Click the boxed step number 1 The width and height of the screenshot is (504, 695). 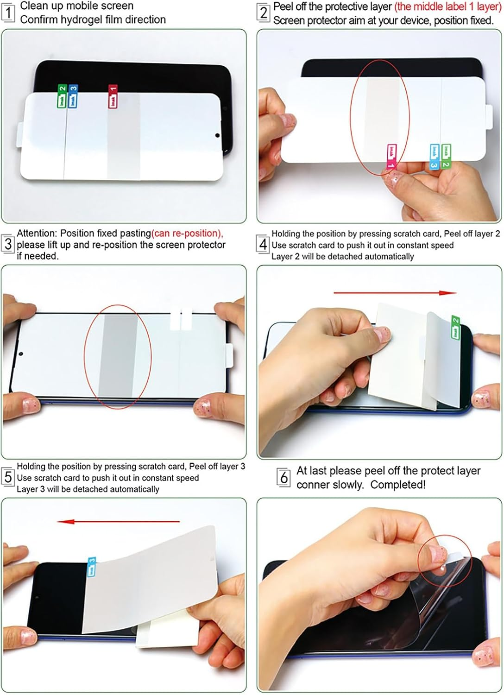click(7, 13)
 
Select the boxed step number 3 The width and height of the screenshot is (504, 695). click(8, 244)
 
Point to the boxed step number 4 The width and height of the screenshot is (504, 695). click(263, 244)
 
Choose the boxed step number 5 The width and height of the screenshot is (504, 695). click(8, 477)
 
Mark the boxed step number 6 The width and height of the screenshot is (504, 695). click(283, 477)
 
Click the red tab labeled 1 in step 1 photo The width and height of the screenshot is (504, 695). click(113, 96)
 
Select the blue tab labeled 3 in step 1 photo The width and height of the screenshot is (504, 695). click(73, 96)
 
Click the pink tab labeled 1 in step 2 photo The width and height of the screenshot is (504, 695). click(392, 156)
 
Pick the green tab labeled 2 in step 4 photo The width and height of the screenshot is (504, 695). click(455, 327)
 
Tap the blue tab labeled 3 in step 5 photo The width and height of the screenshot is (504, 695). click(92, 567)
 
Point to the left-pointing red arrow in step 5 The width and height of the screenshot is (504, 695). click(119, 522)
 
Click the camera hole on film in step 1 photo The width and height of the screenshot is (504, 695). click(217, 136)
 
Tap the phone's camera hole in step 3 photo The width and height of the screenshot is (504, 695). click(20, 354)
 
